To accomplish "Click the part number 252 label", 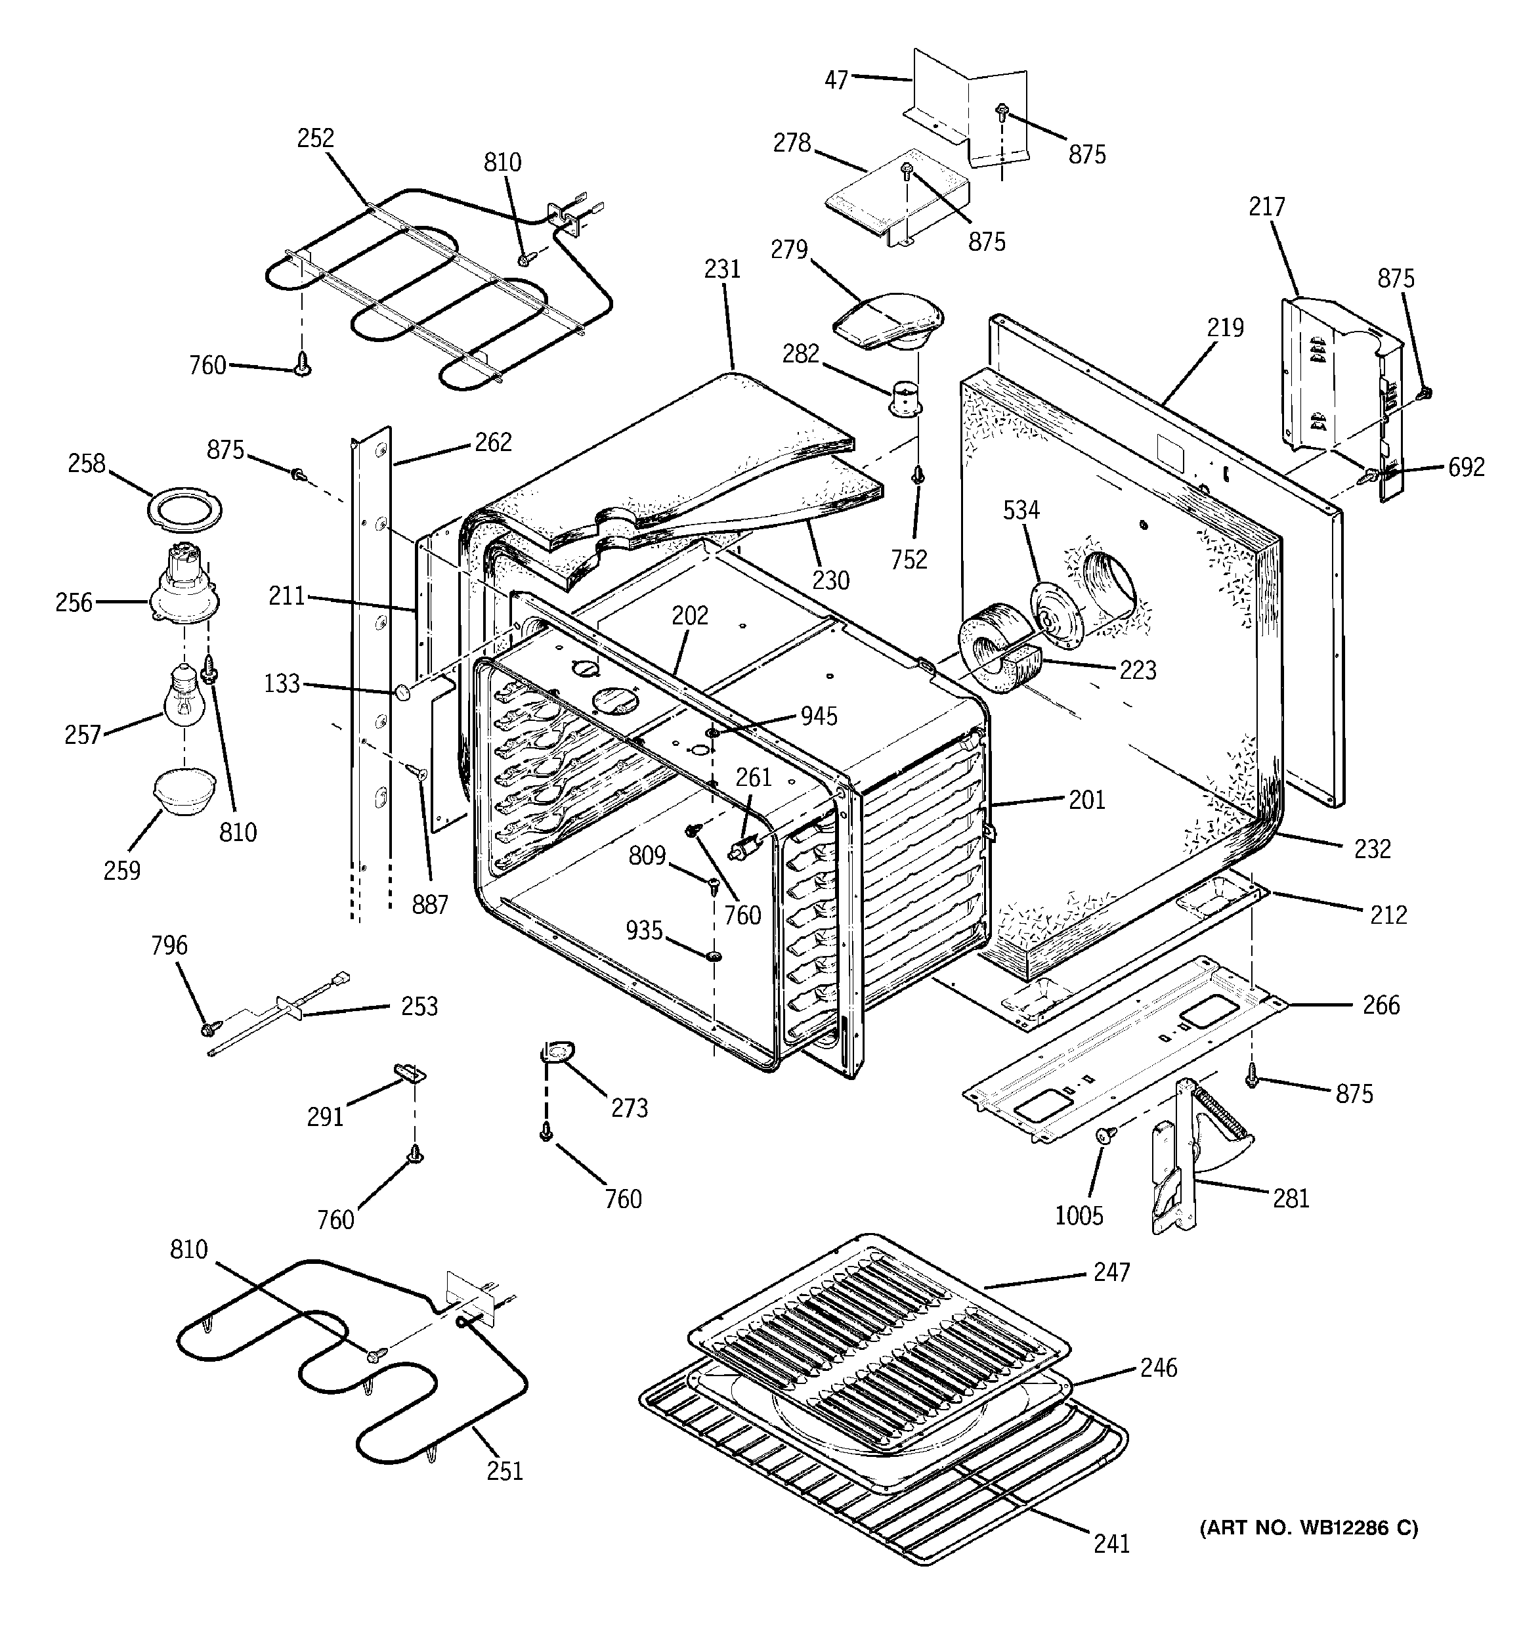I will click(316, 138).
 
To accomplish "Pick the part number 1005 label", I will click(1079, 1215).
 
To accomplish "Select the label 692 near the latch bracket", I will click(1466, 467).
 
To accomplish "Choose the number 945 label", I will click(819, 716).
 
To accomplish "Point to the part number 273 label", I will click(630, 1108).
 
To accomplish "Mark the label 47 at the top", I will click(836, 79).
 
